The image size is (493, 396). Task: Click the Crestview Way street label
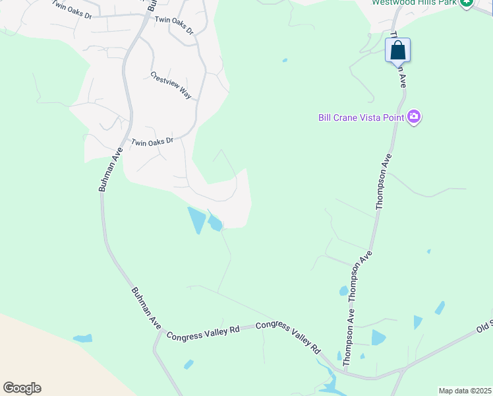(x=171, y=85)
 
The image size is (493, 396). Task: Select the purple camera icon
(x=414, y=117)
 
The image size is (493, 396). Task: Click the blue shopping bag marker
(x=398, y=49)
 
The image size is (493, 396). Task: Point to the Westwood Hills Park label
(x=415, y=3)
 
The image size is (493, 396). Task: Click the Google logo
(x=22, y=388)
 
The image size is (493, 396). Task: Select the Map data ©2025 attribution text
(x=464, y=391)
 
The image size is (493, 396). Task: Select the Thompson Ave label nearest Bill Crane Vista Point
(x=384, y=181)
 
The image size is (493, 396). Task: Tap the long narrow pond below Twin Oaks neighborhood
(x=196, y=220)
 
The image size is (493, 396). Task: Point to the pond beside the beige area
(x=83, y=339)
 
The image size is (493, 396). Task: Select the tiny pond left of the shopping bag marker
(x=285, y=61)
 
